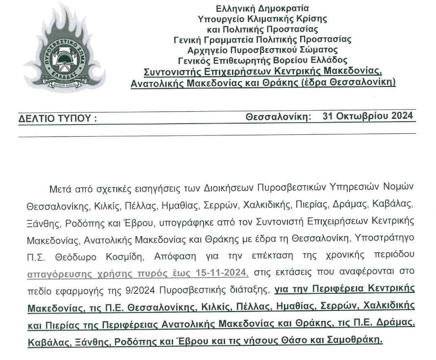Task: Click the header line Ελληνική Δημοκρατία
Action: (262, 8)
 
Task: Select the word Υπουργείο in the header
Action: (217, 19)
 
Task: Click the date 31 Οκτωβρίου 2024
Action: (368, 116)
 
